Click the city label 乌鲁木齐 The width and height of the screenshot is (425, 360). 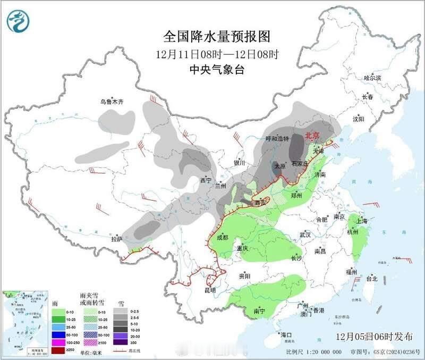tap(112, 102)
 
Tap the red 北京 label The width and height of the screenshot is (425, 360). tap(312, 136)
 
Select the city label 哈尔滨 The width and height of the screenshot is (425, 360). tap(372, 78)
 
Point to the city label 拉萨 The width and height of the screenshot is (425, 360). tap(117, 239)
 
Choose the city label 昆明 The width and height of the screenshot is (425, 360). tap(210, 290)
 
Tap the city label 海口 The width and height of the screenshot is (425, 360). tap(287, 335)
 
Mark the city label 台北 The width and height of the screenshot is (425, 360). tap(372, 278)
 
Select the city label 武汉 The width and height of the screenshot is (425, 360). tap(305, 235)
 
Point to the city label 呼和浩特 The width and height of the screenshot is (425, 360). tap(277, 139)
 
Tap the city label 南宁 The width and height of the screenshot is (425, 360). tap(260, 311)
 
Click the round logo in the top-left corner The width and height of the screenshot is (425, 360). tap(18, 21)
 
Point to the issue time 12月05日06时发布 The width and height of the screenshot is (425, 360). tap(374, 337)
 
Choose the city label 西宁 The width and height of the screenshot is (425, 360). tap(206, 180)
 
